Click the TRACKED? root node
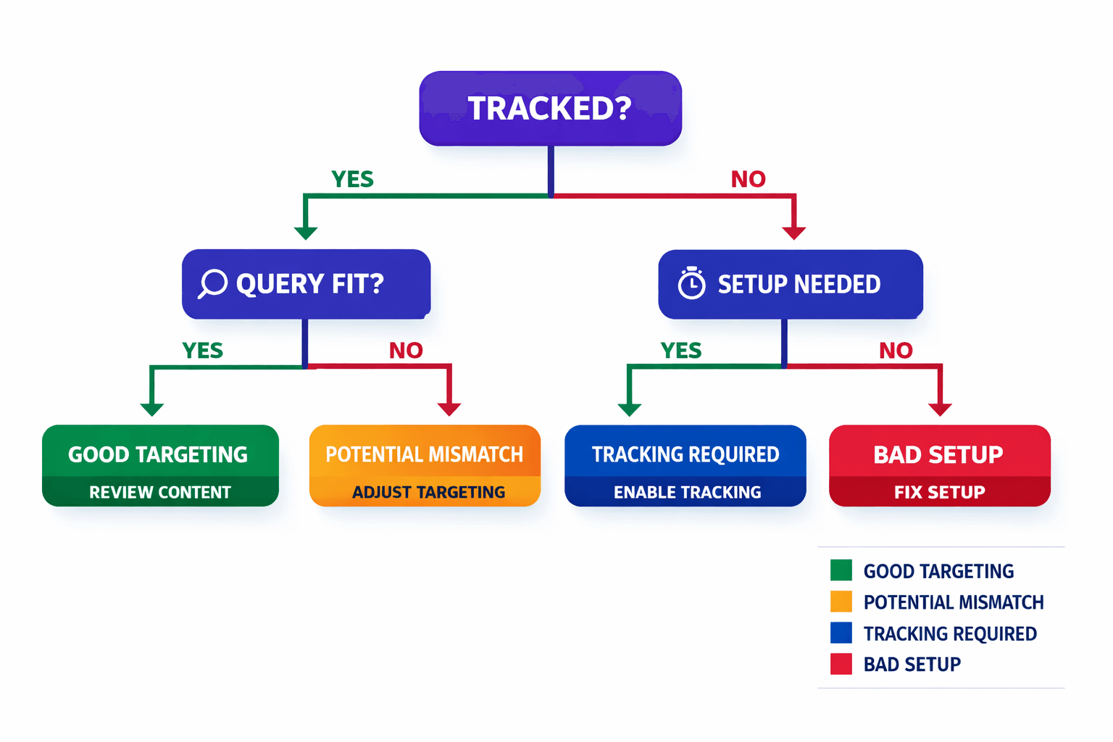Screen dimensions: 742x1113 [550, 109]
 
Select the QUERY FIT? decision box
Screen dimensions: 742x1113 [306, 284]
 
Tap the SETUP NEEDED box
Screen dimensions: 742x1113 [790, 284]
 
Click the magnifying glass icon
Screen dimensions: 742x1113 [213, 283]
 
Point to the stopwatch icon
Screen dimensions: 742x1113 [691, 283]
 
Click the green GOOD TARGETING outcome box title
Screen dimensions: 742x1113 [158, 454]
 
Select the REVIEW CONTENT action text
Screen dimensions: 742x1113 [160, 493]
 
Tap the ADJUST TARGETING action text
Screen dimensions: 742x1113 [428, 493]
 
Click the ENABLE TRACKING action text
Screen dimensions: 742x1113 [687, 493]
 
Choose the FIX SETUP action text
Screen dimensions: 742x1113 [939, 493]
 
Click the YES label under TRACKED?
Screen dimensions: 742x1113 [352, 179]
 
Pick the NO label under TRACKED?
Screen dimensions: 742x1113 [748, 179]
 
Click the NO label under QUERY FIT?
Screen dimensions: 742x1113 [406, 351]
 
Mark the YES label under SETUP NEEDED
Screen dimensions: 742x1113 [681, 351]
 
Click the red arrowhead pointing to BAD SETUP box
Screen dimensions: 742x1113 [940, 409]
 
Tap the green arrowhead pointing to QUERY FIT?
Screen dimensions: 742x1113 [306, 233]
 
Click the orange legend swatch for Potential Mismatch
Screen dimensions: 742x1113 [841, 602]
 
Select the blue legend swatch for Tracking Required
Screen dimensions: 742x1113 [841, 633]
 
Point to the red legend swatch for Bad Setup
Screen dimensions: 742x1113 [841, 664]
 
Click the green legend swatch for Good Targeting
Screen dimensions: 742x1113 [841, 571]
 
